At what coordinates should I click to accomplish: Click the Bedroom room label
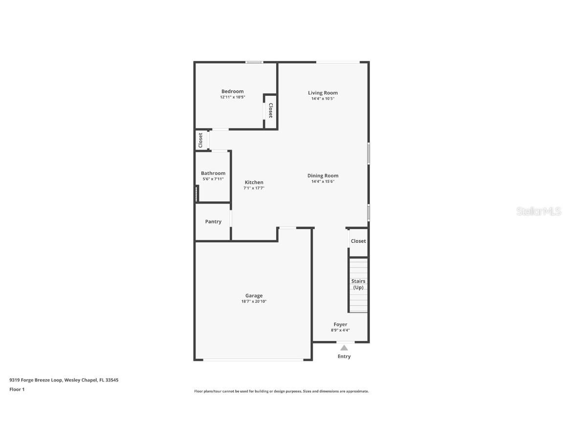click(x=232, y=91)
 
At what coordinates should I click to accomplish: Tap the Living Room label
click(x=323, y=93)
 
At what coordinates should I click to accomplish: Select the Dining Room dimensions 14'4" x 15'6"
click(x=323, y=182)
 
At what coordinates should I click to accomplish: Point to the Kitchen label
click(x=254, y=182)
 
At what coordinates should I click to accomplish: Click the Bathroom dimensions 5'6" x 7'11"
click(x=213, y=179)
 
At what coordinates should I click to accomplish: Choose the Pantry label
click(x=213, y=222)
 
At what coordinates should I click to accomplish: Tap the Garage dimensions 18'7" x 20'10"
click(x=254, y=302)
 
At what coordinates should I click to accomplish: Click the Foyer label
click(x=340, y=324)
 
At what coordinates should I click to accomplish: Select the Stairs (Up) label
click(x=358, y=284)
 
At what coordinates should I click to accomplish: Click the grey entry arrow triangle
click(x=344, y=348)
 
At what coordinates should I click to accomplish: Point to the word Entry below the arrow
click(x=344, y=357)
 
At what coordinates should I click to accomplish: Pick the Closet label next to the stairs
click(x=358, y=241)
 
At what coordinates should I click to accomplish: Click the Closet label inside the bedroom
click(x=270, y=110)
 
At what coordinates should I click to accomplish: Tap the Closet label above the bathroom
click(x=200, y=140)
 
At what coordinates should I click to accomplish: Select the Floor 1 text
click(x=17, y=389)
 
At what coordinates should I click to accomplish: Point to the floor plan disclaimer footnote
click(x=281, y=391)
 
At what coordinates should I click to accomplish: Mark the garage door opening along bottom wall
click(x=253, y=360)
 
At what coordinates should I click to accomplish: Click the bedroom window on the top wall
click(x=254, y=62)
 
